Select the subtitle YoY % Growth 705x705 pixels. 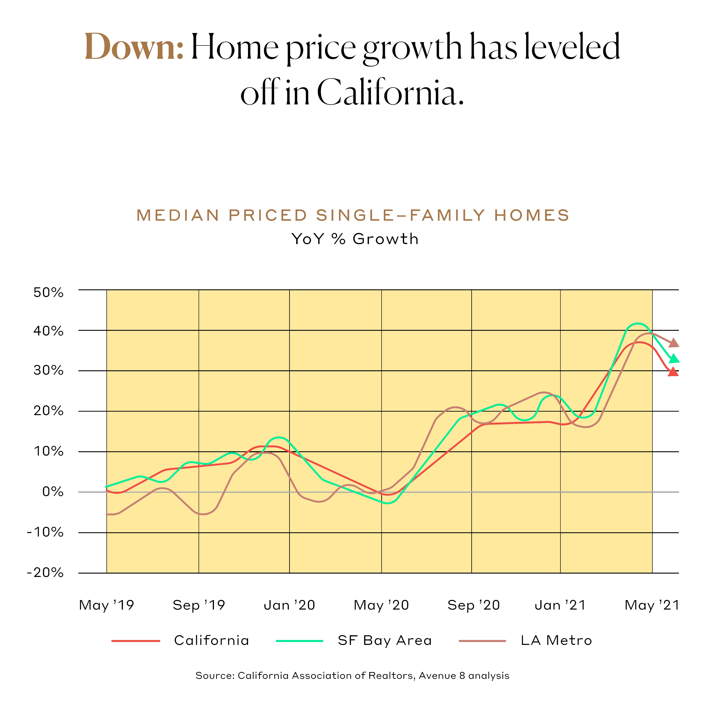(x=355, y=239)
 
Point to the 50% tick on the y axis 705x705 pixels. (x=48, y=293)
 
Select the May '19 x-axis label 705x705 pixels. (x=106, y=605)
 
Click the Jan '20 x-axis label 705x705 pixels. (x=289, y=605)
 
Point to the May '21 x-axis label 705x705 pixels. (x=652, y=605)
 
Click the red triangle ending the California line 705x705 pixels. (x=673, y=372)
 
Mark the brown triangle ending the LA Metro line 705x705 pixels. (x=674, y=343)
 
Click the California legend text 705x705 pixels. (x=212, y=640)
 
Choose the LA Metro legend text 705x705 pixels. (x=556, y=640)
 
